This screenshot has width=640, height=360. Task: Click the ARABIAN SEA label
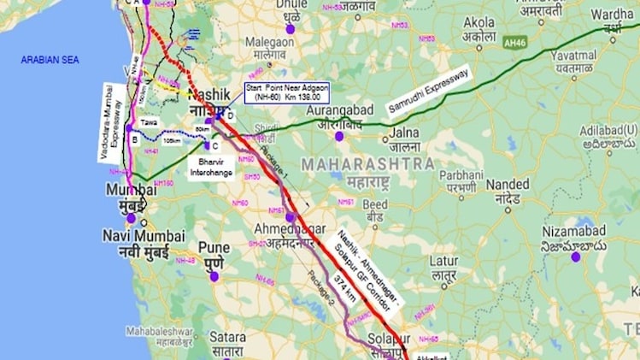click(x=56, y=59)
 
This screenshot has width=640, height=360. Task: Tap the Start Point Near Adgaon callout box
click(x=287, y=93)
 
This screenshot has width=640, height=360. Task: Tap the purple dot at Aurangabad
click(x=339, y=135)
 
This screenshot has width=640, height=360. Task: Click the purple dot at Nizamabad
click(x=576, y=256)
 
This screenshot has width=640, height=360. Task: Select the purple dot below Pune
click(x=215, y=276)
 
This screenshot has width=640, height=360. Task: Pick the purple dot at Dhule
click(x=291, y=29)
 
